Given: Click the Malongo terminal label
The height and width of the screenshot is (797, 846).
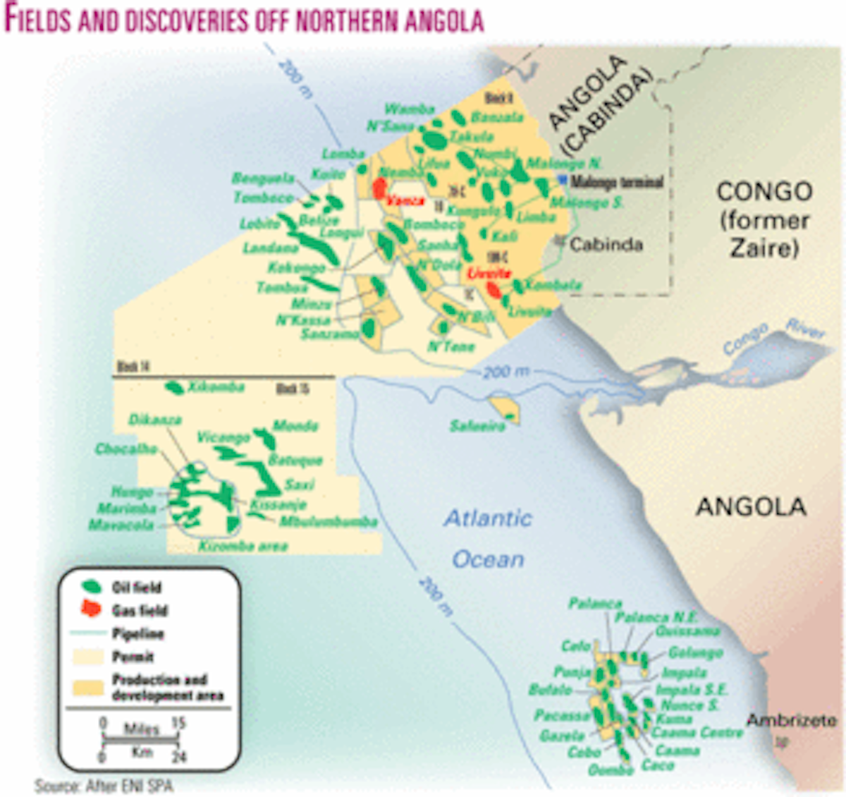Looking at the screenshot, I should click(617, 182).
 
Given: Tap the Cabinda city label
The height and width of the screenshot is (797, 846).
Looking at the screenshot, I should click(606, 245).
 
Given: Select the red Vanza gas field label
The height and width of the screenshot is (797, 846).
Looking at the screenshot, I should click(406, 201).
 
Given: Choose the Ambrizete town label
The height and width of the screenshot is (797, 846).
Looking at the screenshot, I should click(791, 721).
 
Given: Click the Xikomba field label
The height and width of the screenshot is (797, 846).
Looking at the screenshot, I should click(216, 387).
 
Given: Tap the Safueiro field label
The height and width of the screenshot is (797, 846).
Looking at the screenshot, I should click(477, 426).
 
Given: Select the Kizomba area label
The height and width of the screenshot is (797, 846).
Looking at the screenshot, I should click(243, 546).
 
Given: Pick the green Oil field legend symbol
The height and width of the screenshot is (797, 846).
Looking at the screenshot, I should click(92, 586).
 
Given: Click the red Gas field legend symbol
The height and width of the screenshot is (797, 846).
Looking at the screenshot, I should click(91, 609).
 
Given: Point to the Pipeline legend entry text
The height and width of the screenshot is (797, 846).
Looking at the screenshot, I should click(138, 633).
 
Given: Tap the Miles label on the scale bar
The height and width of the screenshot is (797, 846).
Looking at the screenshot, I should click(141, 729).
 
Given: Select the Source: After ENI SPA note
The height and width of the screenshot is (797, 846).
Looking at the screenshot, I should click(104, 786).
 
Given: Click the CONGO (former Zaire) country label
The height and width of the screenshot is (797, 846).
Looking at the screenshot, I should click(764, 219).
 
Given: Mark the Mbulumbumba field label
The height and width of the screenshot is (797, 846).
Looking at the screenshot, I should click(328, 522).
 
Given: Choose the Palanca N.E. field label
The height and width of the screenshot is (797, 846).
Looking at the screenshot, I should click(656, 617).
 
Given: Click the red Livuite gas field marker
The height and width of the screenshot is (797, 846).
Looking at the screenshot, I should click(495, 289).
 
